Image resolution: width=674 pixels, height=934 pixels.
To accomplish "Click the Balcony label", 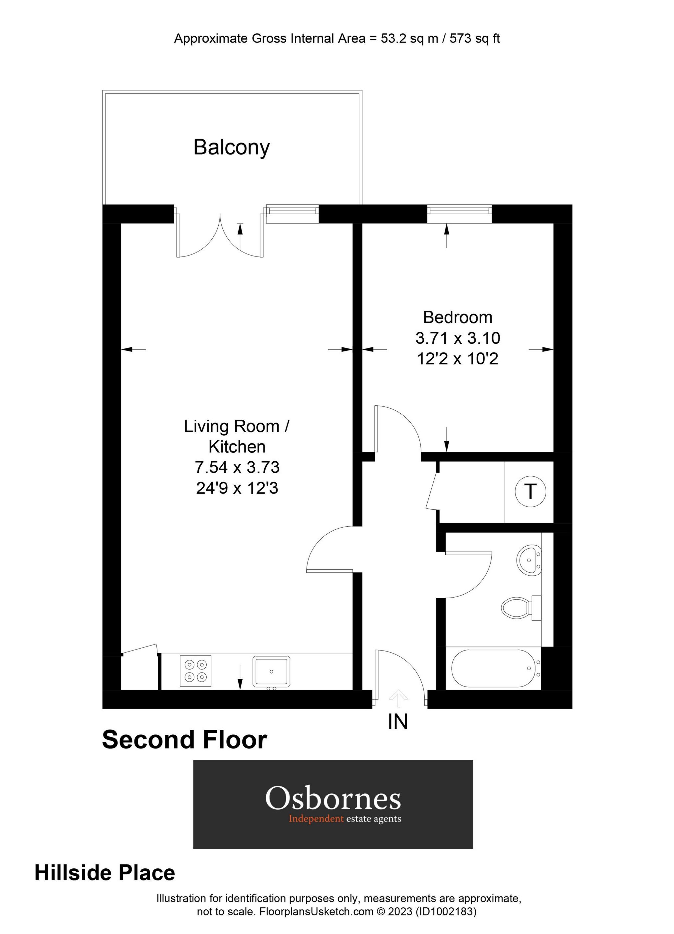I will (231, 147).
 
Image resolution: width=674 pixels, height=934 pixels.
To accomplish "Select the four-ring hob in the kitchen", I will (195, 671).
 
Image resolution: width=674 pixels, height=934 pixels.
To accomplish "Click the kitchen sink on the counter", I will (271, 671).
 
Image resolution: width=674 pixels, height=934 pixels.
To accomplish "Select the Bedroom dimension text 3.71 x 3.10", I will (458, 338).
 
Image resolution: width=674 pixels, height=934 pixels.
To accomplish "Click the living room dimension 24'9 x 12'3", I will (237, 488).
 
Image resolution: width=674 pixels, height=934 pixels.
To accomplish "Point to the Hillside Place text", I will (105, 873).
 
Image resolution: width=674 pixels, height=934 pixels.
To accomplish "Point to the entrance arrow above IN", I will (398, 696).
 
